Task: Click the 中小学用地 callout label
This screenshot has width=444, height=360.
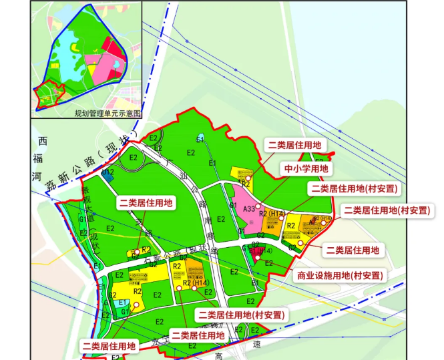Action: click(306, 170)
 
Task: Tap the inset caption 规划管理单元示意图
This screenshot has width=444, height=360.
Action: click(108, 114)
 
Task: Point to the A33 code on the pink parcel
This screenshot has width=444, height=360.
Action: click(248, 209)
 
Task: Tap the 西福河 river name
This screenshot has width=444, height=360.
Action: click(42, 160)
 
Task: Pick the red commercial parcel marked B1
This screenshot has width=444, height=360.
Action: click(256, 254)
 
